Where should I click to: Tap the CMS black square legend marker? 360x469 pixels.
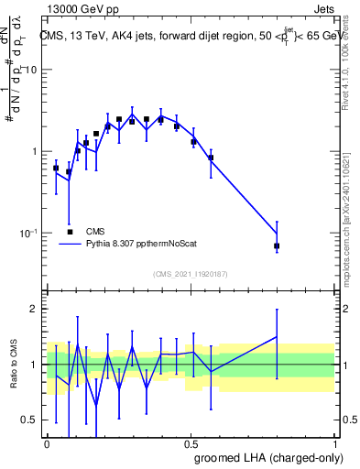tap(70, 232)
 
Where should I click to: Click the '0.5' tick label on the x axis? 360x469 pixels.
tap(191, 443)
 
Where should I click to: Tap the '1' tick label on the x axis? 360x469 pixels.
tap(334, 443)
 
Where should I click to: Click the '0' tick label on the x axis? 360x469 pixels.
tap(47, 443)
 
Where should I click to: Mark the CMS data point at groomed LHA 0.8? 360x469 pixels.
tap(277, 246)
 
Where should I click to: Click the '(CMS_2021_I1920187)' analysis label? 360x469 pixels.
tap(190, 273)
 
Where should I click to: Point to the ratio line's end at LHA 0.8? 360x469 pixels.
tap(277, 336)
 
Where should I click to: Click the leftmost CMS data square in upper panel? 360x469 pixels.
tap(56, 169)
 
